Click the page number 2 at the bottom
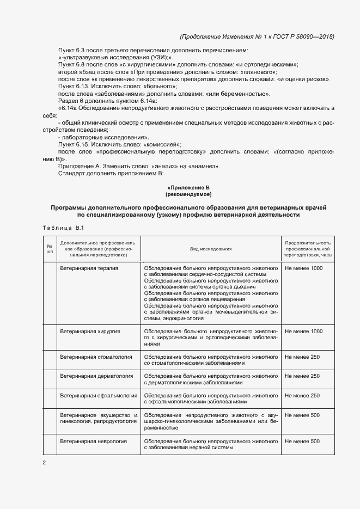coord(44,463)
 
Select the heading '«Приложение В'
coord(188,187)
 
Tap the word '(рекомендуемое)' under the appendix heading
coord(188,194)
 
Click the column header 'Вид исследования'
coord(211,249)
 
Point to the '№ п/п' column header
coord(50,249)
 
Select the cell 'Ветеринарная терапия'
coord(89,268)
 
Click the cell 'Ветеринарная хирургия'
coord(90,331)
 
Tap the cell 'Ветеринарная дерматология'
coord(96,376)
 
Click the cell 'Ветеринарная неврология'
coord(93,441)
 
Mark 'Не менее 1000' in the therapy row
coord(303,268)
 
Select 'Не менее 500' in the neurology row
coord(302,441)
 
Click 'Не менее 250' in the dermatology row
coord(302,376)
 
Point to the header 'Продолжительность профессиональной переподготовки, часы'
coord(308,249)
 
